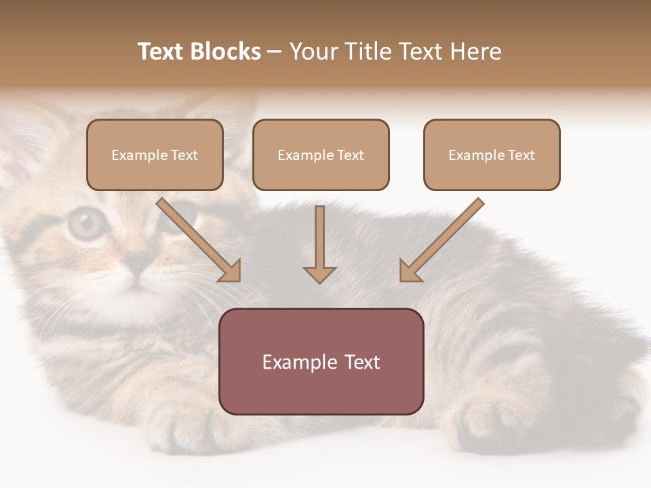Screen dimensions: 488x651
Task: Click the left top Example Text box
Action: tap(155, 155)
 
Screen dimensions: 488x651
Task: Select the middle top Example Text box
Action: tap(321, 155)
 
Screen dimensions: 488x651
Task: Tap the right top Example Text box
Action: tap(492, 155)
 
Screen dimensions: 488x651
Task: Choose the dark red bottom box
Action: tap(321, 361)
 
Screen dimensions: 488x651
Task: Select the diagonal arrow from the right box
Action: tap(441, 241)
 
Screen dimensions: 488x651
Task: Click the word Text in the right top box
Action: tap(521, 155)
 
